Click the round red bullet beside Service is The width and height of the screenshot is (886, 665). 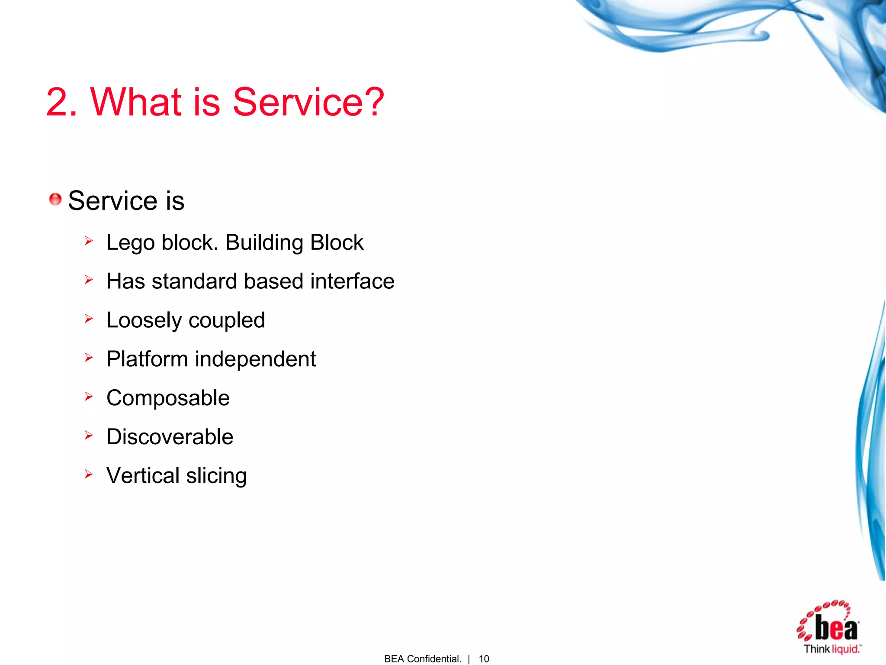55,200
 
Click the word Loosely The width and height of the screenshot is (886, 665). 144,321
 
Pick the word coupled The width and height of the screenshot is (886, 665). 227,321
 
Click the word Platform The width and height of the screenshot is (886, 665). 147,359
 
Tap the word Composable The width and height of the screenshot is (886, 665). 168,398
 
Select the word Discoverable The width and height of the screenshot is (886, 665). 170,437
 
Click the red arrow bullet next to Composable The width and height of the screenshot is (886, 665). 89,397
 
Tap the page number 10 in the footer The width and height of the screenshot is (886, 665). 484,659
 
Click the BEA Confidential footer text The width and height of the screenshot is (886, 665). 423,659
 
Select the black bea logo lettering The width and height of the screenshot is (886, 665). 836,629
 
